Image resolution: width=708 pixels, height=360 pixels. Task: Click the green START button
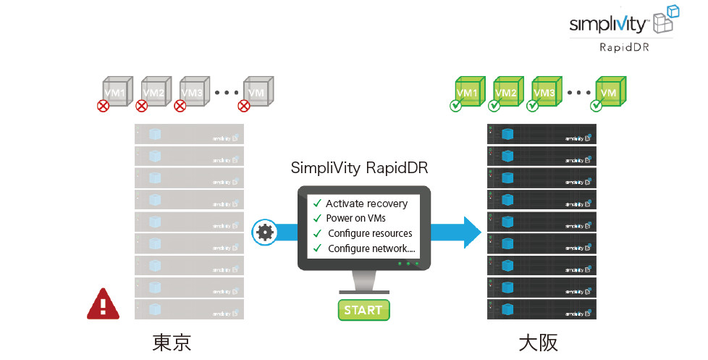coord(363,310)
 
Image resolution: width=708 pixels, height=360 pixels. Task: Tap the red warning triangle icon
coord(101,304)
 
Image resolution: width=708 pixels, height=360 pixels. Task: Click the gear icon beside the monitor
coord(265,233)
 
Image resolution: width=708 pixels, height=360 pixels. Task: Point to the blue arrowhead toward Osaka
coord(472,233)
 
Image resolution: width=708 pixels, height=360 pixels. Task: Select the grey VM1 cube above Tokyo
coord(117,92)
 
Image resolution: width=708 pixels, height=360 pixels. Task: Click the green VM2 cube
coord(508,92)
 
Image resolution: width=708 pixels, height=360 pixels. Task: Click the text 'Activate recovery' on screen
coord(366,204)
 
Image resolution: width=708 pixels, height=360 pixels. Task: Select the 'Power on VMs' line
coord(355,218)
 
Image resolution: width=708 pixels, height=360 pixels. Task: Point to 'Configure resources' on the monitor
coord(370,233)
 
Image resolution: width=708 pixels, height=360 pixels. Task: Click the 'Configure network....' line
coord(371,248)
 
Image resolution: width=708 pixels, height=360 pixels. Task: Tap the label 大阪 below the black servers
coord(539,342)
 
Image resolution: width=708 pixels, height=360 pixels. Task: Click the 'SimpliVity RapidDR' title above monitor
coord(360,169)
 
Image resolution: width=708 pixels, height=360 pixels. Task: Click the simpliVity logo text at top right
coord(607,24)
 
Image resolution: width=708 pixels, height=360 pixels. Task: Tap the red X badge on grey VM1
coord(104,106)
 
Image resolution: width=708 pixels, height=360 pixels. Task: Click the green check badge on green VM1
coord(456,106)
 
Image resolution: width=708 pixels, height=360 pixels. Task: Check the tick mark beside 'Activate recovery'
coord(316,203)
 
